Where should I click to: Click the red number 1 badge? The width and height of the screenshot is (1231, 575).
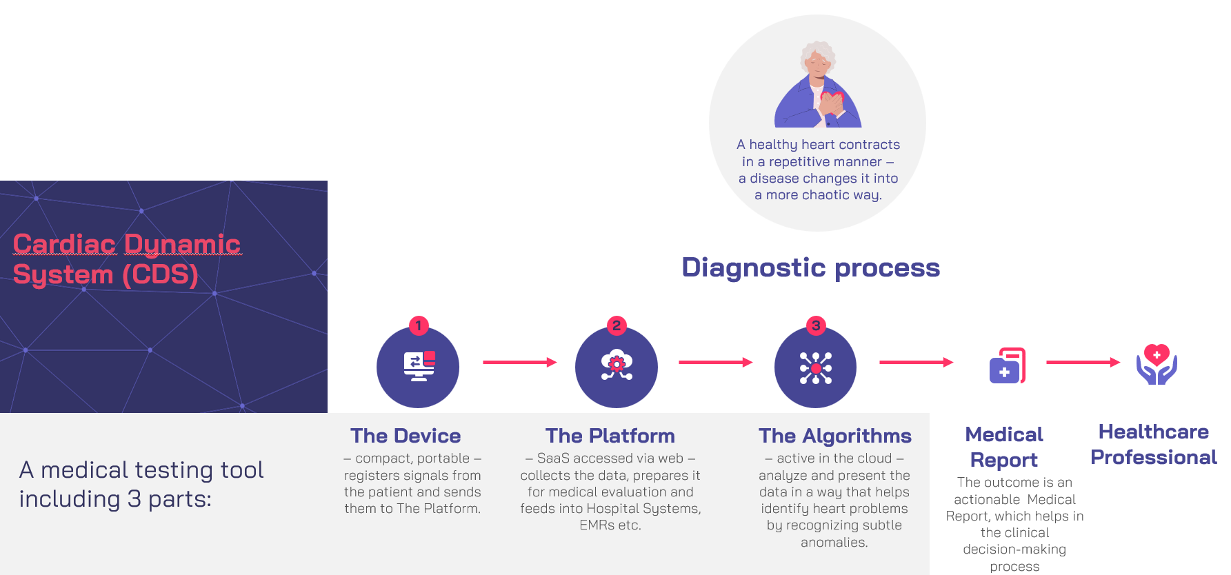click(x=419, y=325)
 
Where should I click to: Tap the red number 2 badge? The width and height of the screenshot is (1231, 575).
click(x=617, y=325)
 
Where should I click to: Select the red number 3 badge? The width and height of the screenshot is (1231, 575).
click(x=816, y=325)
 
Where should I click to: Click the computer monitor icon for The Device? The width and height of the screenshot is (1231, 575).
click(x=419, y=366)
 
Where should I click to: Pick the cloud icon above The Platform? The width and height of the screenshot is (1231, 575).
click(x=617, y=365)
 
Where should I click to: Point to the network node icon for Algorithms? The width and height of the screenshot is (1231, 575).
click(x=816, y=367)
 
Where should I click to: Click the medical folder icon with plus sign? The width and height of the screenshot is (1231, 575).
click(x=1007, y=365)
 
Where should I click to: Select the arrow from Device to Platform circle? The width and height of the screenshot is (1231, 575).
click(x=519, y=362)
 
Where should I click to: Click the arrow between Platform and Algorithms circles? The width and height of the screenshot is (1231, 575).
click(x=715, y=362)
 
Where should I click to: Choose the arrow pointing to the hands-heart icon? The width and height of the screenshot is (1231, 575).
click(x=1083, y=362)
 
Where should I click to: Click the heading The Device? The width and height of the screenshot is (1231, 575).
click(x=406, y=436)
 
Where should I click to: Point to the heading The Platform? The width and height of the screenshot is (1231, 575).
click(x=610, y=436)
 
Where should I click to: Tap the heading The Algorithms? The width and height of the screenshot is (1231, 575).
click(x=834, y=436)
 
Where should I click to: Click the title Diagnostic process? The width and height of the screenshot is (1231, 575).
click(x=810, y=268)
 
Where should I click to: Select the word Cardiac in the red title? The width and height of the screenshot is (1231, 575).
click(x=64, y=244)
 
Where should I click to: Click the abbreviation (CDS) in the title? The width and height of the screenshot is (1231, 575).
click(x=160, y=274)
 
